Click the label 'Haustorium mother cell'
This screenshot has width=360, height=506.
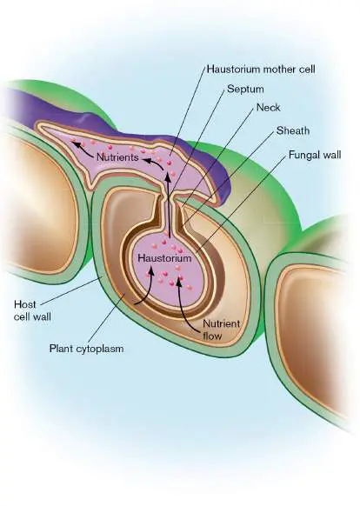[x=261, y=69]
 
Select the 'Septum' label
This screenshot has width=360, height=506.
[x=245, y=90]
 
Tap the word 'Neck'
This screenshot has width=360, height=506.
[x=269, y=108]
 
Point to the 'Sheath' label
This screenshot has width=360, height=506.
[x=293, y=130]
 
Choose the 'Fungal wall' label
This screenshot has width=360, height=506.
[x=315, y=155]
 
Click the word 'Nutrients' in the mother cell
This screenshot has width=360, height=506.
[x=117, y=157]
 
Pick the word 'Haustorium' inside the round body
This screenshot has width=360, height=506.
[x=164, y=258]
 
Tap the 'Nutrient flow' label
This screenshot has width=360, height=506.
[x=221, y=330]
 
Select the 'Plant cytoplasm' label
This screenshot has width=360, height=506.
[x=86, y=349]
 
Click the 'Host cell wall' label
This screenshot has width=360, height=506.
[x=32, y=310]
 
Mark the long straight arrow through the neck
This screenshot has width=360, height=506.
[x=168, y=205]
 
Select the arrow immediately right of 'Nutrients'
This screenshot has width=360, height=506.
[x=153, y=162]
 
